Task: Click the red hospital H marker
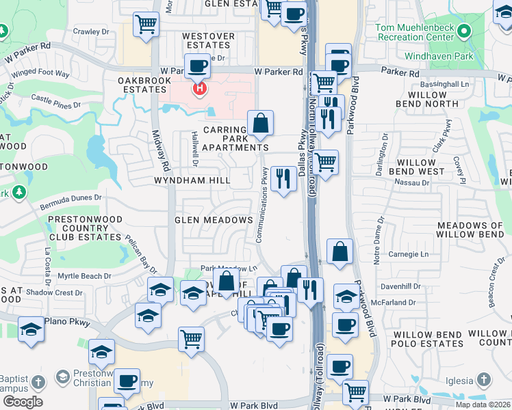coord(199,89)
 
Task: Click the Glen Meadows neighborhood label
coord(214,220)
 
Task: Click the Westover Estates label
coord(208,40)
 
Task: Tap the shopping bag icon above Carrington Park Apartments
coord(260,123)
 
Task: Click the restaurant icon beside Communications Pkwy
coord(283,179)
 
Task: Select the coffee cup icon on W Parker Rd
coord(197,66)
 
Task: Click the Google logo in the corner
coord(22,402)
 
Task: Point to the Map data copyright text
coord(482,405)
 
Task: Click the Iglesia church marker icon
coord(483,380)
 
